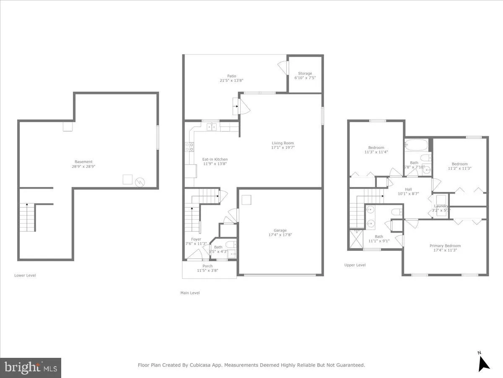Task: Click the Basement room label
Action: click(x=83, y=162)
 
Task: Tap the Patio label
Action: click(x=231, y=76)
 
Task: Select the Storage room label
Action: click(x=305, y=73)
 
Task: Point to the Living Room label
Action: click(x=283, y=143)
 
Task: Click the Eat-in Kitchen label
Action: click(x=215, y=159)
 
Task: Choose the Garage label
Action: click(x=280, y=230)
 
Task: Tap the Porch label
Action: click(x=207, y=266)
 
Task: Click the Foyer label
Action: click(x=196, y=239)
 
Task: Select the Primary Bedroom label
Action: click(x=445, y=246)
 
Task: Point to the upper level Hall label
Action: click(x=409, y=189)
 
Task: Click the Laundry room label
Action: click(x=441, y=206)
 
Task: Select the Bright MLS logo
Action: click(x=31, y=367)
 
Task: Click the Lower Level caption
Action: click(x=25, y=276)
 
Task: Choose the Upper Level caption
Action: click(x=355, y=265)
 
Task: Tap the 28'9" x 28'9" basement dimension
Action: click(x=83, y=167)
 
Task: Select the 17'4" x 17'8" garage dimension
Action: click(x=280, y=235)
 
